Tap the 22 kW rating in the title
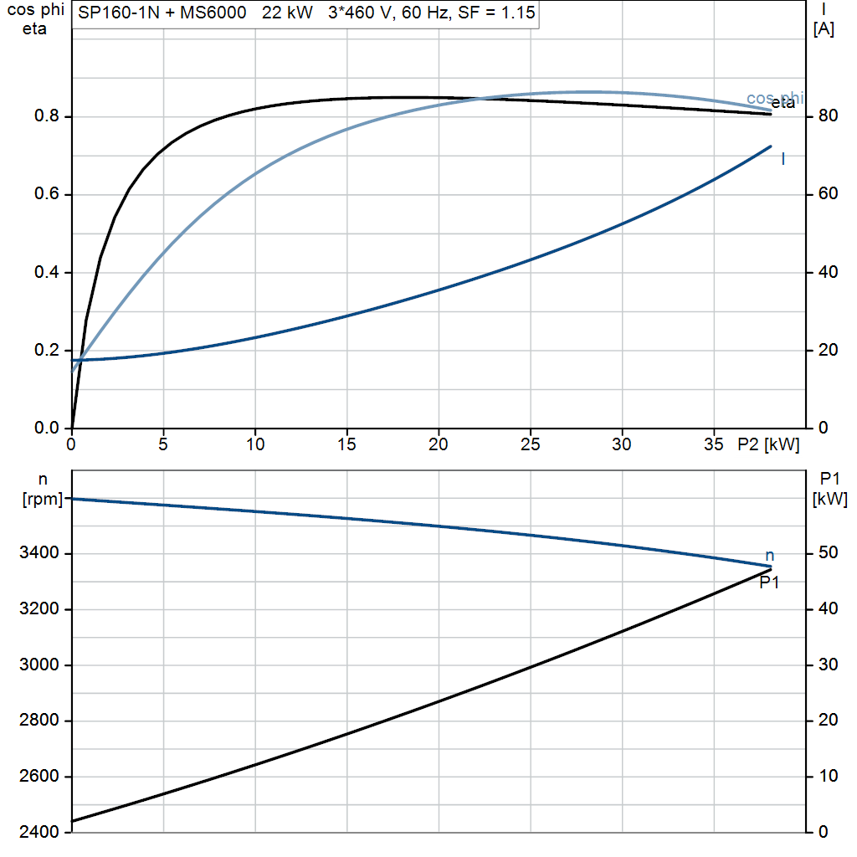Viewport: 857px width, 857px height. [287, 13]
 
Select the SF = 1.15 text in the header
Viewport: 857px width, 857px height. [496, 13]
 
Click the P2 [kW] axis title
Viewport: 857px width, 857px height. [768, 445]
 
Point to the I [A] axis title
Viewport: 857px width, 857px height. [824, 20]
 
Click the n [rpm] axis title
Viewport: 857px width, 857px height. [43, 489]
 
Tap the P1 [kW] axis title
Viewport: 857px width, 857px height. [829, 489]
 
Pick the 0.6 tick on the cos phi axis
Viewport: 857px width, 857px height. [47, 194]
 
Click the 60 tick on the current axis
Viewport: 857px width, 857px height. [828, 194]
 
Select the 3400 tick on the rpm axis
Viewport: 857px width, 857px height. [38, 553]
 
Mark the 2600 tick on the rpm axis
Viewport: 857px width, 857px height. [38, 776]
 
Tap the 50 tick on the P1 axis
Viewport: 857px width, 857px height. [828, 553]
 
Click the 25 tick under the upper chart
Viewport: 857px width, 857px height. [530, 445]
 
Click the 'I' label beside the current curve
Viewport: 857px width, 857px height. [783, 159]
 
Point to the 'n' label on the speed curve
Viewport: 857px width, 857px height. [770, 556]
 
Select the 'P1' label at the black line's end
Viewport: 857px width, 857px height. [769, 583]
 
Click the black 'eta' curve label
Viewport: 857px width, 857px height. [783, 103]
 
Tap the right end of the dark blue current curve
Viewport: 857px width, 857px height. [771, 146]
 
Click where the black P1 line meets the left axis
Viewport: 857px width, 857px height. [72, 821]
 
